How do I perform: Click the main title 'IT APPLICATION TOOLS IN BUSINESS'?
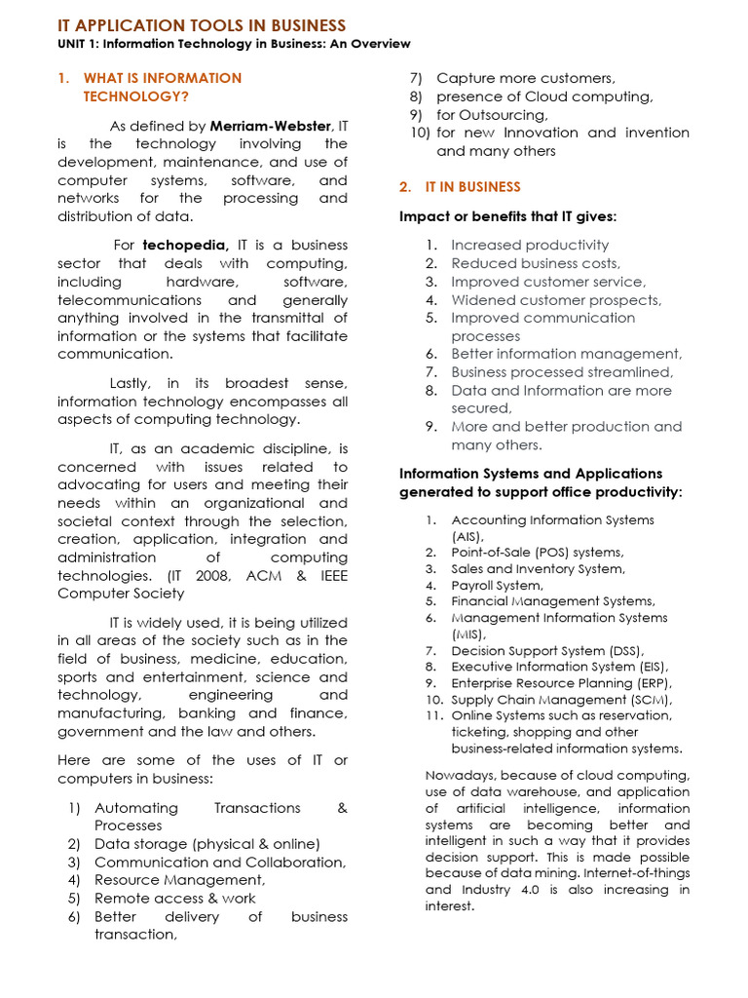202,25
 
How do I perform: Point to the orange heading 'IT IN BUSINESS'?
472,187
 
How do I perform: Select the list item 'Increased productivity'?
529,246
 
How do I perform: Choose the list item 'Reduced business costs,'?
535,263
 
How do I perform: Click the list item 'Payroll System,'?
497,586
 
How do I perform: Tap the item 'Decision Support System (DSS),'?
547,651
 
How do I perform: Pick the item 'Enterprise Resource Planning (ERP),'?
561,683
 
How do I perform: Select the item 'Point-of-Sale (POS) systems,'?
537,553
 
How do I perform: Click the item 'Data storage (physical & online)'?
206,844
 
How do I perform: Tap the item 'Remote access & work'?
174,899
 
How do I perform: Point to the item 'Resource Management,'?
179,880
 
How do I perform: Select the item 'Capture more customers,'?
525,78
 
